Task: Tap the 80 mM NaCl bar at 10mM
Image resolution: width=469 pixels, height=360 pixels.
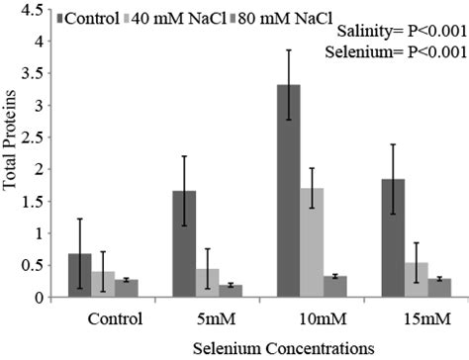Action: tap(335, 287)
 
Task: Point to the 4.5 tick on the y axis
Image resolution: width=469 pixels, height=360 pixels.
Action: tap(30, 11)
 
